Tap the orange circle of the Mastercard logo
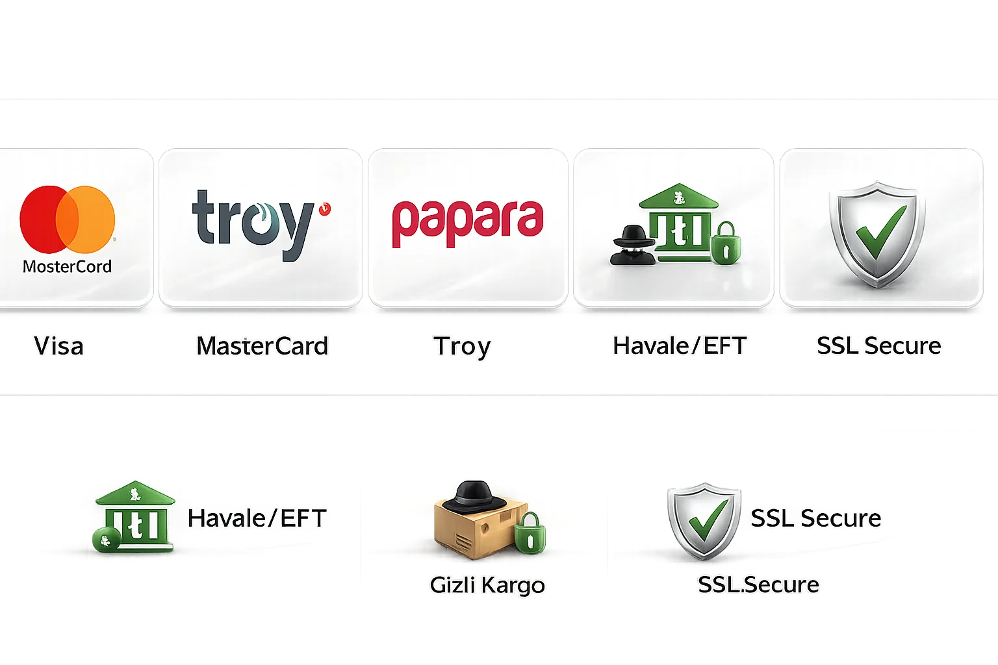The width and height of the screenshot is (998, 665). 92,219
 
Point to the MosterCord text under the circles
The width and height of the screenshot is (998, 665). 68,266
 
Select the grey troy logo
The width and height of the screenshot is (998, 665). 253,225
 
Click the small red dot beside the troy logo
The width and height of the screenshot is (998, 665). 325,208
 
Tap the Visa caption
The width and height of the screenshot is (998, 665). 58,345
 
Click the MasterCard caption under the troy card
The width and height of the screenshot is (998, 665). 262,345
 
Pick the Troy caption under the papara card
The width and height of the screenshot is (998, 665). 462,347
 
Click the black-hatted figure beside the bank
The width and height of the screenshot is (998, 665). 632,246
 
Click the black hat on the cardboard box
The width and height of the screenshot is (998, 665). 474,497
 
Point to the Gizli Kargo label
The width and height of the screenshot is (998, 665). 487,585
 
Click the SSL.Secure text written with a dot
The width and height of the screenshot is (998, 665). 758,584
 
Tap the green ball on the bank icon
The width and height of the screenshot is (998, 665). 106,540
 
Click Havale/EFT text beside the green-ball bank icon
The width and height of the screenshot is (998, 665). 257,518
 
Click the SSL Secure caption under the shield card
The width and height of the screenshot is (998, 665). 878,345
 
